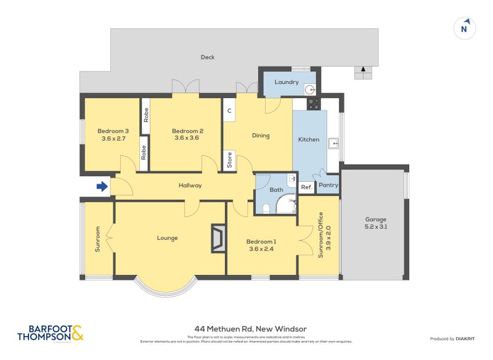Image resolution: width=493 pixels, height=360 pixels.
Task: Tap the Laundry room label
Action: pos(287,82)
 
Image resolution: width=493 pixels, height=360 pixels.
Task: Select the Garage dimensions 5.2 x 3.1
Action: pos(375,227)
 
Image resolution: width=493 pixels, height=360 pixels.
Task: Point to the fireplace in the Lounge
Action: pos(218,238)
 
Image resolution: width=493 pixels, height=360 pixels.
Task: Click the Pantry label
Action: pos(328,185)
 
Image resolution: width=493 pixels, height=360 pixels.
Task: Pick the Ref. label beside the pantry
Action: pos(306,187)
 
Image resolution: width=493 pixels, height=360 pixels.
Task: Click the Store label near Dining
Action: pos(229,160)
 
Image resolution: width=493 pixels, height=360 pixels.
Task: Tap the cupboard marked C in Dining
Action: pos(229,111)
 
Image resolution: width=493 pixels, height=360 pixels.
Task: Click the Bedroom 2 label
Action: pos(187,131)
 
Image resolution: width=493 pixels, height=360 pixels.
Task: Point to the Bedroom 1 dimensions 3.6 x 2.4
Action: pos(261,249)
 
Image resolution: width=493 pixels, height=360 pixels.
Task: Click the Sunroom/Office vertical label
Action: pos(320,235)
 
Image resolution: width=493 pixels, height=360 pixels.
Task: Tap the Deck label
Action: pos(208,57)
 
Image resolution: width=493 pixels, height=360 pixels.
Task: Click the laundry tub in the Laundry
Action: pos(310,89)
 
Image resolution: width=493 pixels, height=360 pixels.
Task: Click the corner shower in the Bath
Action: pos(286,205)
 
